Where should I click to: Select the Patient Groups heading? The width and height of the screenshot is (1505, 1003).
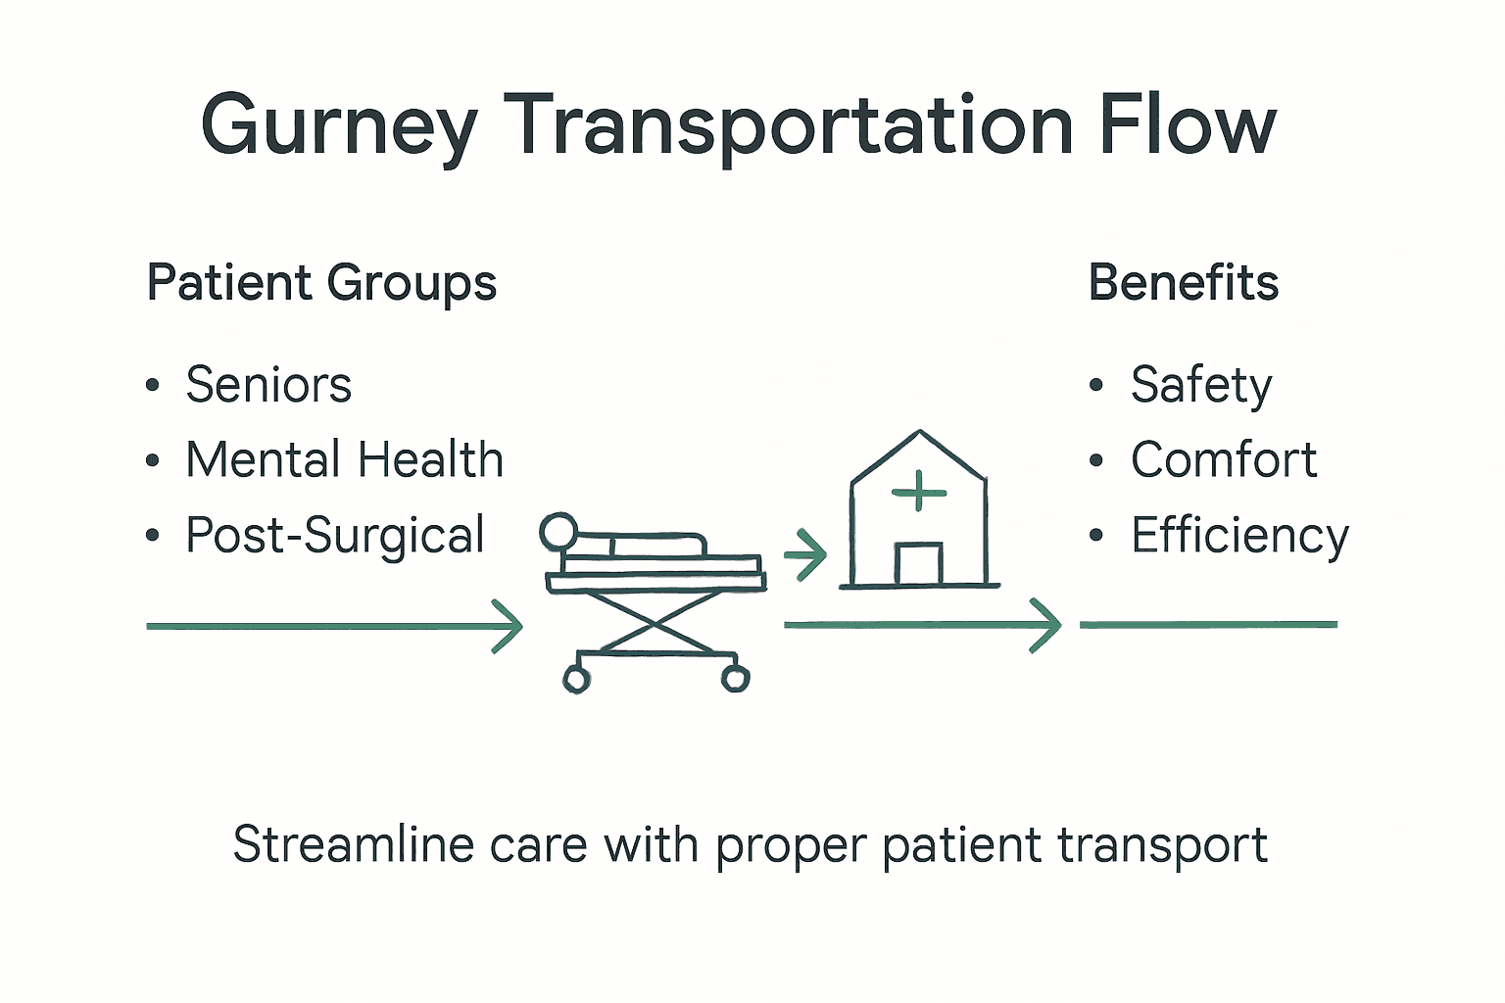(321, 284)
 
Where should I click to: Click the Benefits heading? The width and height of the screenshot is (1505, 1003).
(1183, 283)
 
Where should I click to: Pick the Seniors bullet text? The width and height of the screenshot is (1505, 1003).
(268, 384)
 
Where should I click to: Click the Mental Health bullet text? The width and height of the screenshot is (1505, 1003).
(344, 459)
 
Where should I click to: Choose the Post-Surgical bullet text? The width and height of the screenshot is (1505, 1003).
(335, 536)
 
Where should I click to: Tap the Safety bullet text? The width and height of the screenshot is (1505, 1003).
(1200, 385)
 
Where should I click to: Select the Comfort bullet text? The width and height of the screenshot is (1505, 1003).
(1223, 459)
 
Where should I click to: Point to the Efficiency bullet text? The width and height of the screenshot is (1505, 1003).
(1239, 536)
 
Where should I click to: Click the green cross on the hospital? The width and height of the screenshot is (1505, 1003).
(919, 492)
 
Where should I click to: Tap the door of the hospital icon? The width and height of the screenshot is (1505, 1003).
(918, 564)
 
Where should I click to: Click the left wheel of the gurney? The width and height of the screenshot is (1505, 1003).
(576, 679)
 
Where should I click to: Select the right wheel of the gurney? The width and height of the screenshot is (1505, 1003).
(735, 678)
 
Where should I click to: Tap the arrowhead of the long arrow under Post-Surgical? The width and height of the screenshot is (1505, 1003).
(510, 626)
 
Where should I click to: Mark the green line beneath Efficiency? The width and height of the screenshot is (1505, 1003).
(1208, 624)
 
